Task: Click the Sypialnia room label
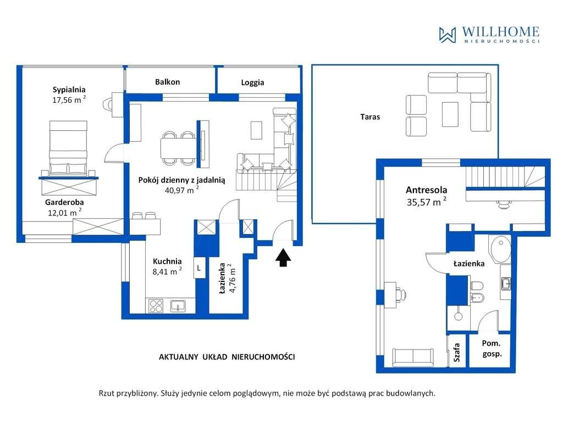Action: click(x=69, y=90)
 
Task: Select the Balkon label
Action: click(x=167, y=82)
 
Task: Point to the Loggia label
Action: click(x=252, y=82)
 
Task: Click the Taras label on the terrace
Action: click(x=370, y=116)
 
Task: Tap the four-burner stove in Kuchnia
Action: click(x=156, y=306)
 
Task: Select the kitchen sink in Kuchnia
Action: click(x=178, y=306)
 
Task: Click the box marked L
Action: click(x=199, y=268)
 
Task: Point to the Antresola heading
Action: click(x=426, y=190)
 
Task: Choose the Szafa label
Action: click(x=456, y=352)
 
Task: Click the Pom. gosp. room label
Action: click(x=492, y=348)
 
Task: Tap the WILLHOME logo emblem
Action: click(x=448, y=35)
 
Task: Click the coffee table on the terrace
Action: click(x=450, y=114)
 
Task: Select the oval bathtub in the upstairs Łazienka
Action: click(x=500, y=249)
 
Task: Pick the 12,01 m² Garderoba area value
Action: click(x=65, y=213)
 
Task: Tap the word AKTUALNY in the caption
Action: click(x=179, y=357)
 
